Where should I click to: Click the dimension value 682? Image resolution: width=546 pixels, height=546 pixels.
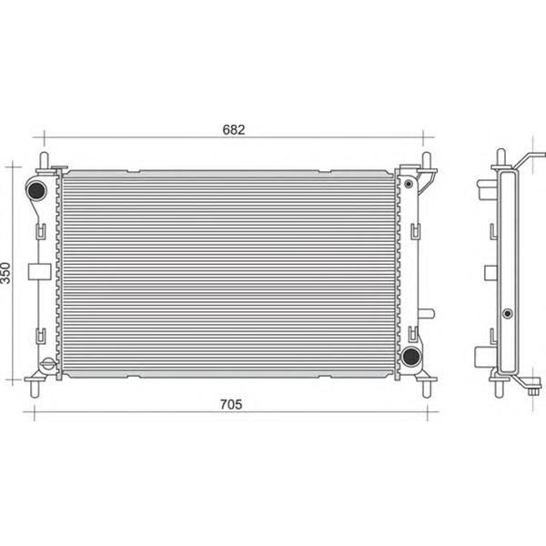point(233,129)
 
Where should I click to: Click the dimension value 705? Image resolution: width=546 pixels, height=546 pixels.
point(231,404)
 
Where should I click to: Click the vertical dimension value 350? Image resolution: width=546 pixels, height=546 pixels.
point(5,273)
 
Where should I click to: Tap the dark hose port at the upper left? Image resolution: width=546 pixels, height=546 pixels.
point(35,190)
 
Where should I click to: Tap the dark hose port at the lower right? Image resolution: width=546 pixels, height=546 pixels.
point(411,356)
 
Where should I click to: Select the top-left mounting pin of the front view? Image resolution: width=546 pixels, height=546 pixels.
point(44,161)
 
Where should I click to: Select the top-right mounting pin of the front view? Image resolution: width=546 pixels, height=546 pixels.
point(427,161)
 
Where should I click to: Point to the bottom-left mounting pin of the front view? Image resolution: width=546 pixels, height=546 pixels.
point(35,389)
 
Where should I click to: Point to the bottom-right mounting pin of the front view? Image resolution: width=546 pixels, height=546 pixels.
point(427,389)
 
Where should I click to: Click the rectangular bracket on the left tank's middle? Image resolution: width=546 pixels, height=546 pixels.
point(39,271)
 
